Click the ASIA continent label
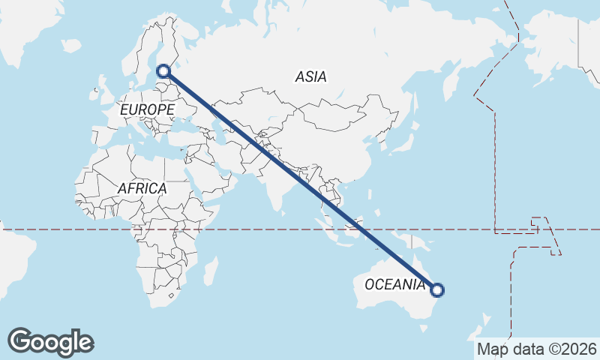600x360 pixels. pyautogui.click(x=310, y=76)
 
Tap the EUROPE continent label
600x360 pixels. pyautogui.click(x=147, y=109)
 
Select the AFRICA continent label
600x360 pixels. pyautogui.click(x=142, y=189)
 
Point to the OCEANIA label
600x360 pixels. pyautogui.click(x=394, y=284)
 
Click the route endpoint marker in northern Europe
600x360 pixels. pyautogui.click(x=163, y=72)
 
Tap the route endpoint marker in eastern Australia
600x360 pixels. pyautogui.click(x=437, y=289)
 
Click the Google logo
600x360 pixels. pyautogui.click(x=50, y=342)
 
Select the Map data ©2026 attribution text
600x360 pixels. pyautogui.click(x=537, y=349)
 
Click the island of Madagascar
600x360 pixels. pyautogui.click(x=211, y=270)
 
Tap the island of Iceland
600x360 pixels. pyautogui.click(x=71, y=46)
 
